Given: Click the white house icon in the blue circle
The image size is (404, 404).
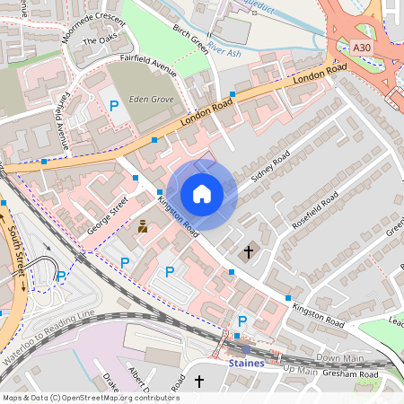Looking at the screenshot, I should click(202, 193).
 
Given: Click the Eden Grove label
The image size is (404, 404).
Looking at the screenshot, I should click(150, 100).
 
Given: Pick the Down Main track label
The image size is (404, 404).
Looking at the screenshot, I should click(339, 357).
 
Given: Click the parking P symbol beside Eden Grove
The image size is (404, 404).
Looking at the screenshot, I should click(114, 107).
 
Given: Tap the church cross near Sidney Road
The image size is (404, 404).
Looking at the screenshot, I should click(249, 252).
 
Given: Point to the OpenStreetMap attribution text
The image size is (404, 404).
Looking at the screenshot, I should click(90, 397).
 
